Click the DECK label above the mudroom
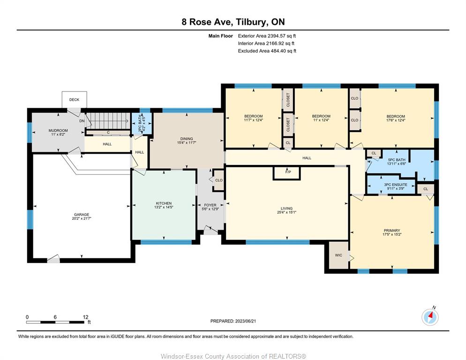pyautogui.click(x=74, y=100)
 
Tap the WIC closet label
pyautogui.click(x=338, y=255)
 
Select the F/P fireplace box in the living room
pyautogui.click(x=287, y=173)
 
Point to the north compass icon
pyautogui.click(x=430, y=317)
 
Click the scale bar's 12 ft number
pyautogui.click(x=86, y=317)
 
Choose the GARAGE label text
pyautogui.click(x=82, y=215)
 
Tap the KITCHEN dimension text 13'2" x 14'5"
pyautogui.click(x=164, y=207)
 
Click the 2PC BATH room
pyautogui.click(x=141, y=123)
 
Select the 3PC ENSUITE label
pyautogui.click(x=396, y=185)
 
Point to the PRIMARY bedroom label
pyautogui.click(x=392, y=230)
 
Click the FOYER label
pyautogui.click(x=210, y=205)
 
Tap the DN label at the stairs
pyautogui.click(x=82, y=121)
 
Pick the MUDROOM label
pyautogui.click(x=58, y=130)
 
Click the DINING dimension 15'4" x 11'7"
pyautogui.click(x=186, y=142)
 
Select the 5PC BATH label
pyautogui.click(x=397, y=160)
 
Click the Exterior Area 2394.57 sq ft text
pyautogui.click(x=267, y=36)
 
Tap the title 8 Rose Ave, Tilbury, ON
pyautogui.click(x=233, y=22)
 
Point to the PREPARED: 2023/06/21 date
pyautogui.click(x=233, y=321)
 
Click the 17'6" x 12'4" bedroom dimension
pyautogui.click(x=396, y=120)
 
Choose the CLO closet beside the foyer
pyautogui.click(x=219, y=180)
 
